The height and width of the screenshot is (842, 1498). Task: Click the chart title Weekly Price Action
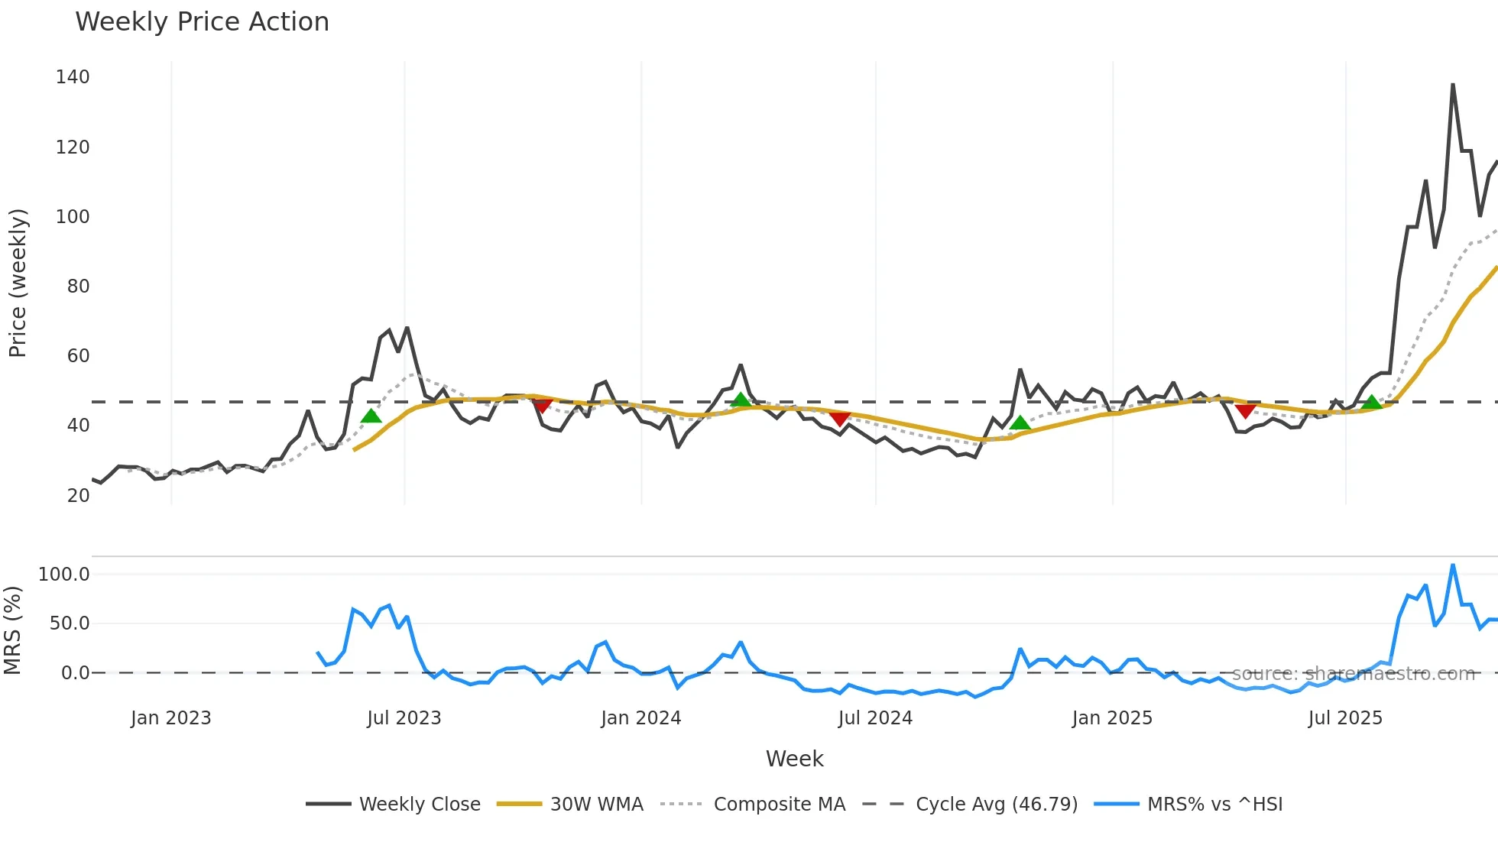tap(202, 22)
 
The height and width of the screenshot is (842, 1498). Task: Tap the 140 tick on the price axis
tap(73, 77)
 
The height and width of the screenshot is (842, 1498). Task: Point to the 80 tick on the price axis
tap(78, 287)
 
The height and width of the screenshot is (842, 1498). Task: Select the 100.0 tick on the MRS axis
tap(64, 575)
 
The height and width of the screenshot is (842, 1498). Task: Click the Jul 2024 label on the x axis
tap(875, 718)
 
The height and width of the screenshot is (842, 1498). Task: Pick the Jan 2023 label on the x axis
tap(170, 718)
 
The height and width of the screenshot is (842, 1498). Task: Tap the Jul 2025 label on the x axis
tap(1345, 718)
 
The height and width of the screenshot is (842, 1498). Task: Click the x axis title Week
tap(794, 759)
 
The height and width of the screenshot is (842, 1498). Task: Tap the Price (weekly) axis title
tap(18, 283)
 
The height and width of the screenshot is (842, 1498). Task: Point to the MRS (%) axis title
tap(13, 630)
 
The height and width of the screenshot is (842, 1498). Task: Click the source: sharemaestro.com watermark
tap(1353, 674)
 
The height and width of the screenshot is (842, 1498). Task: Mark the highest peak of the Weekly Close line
tap(1452, 85)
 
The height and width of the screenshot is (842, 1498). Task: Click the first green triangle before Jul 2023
tap(371, 416)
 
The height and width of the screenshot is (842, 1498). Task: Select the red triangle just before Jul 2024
tap(840, 419)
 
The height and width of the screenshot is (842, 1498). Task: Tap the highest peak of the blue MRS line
tap(1452, 565)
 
